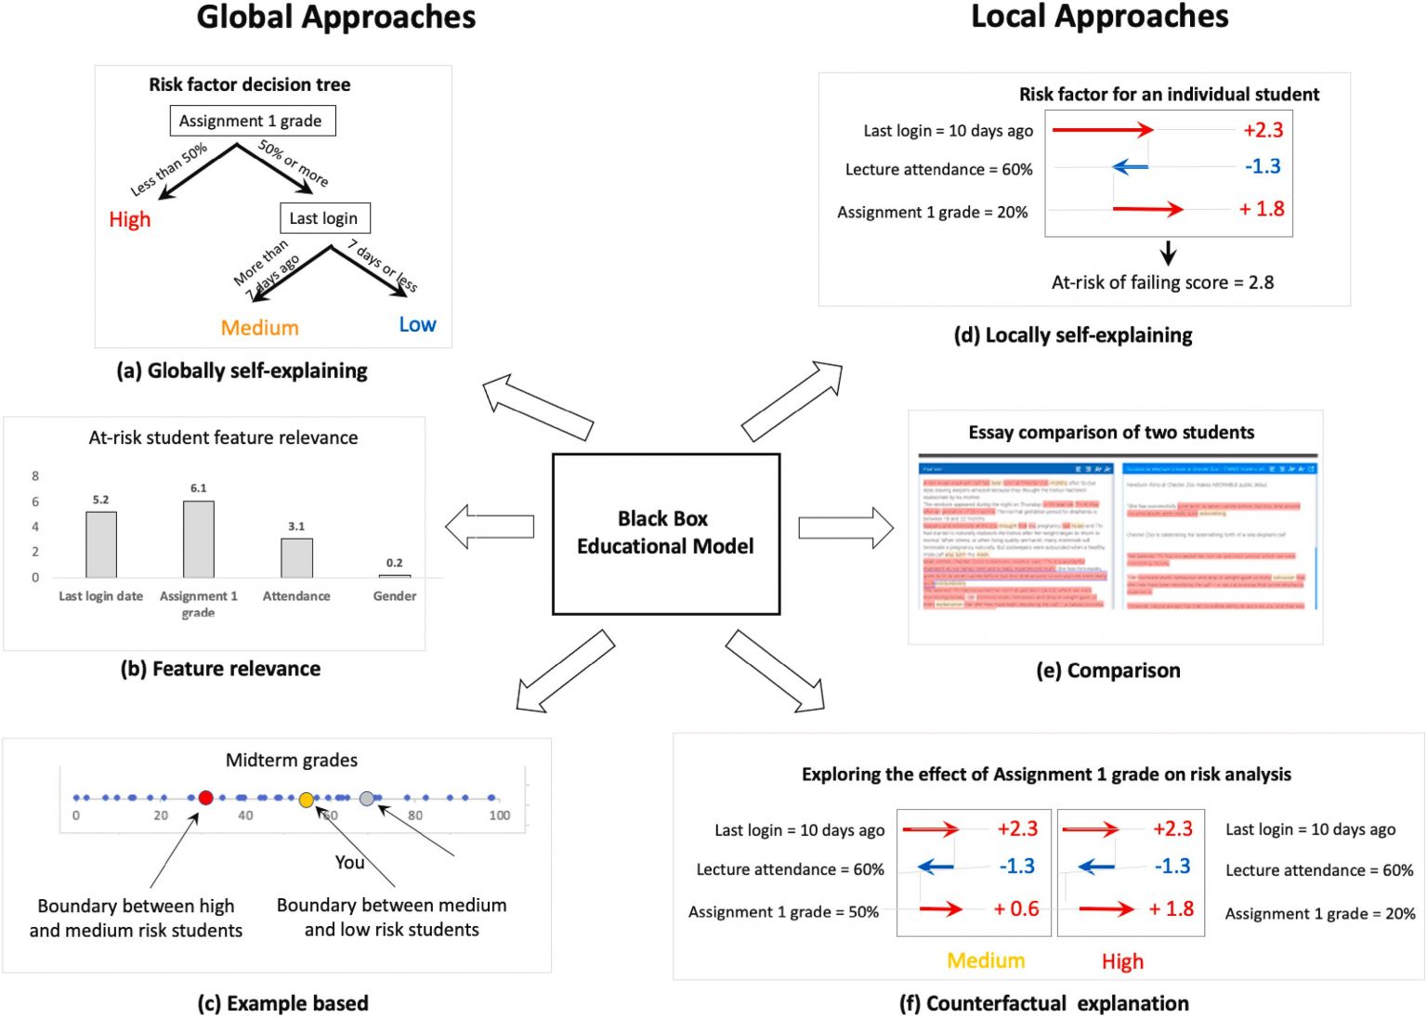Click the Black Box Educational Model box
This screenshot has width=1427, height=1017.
(665, 533)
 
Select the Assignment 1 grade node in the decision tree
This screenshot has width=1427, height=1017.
(252, 121)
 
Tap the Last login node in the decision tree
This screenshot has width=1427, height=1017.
(324, 218)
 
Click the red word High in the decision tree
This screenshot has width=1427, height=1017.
(130, 219)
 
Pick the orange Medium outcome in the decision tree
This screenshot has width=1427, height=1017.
(260, 328)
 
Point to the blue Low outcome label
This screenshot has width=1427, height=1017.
(417, 324)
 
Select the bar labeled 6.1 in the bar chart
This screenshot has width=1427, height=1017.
(199, 540)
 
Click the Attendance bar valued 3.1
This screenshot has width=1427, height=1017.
(296, 558)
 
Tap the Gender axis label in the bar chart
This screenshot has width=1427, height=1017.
(395, 596)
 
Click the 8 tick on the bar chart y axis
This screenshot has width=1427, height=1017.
(35, 476)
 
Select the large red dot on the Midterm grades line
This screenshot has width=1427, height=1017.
(205, 798)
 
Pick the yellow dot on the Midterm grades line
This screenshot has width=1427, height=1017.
(307, 800)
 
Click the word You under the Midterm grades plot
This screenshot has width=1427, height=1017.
(349, 862)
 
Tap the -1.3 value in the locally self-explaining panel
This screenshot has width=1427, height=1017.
(1263, 166)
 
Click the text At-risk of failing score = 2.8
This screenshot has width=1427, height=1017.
(1162, 282)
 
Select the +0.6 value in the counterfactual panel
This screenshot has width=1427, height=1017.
(1016, 908)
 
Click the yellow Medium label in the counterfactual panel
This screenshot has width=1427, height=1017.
(986, 960)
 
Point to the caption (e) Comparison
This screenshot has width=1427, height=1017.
(1108, 671)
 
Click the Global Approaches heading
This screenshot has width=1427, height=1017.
(336, 18)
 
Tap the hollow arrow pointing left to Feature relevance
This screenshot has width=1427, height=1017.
(490, 527)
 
